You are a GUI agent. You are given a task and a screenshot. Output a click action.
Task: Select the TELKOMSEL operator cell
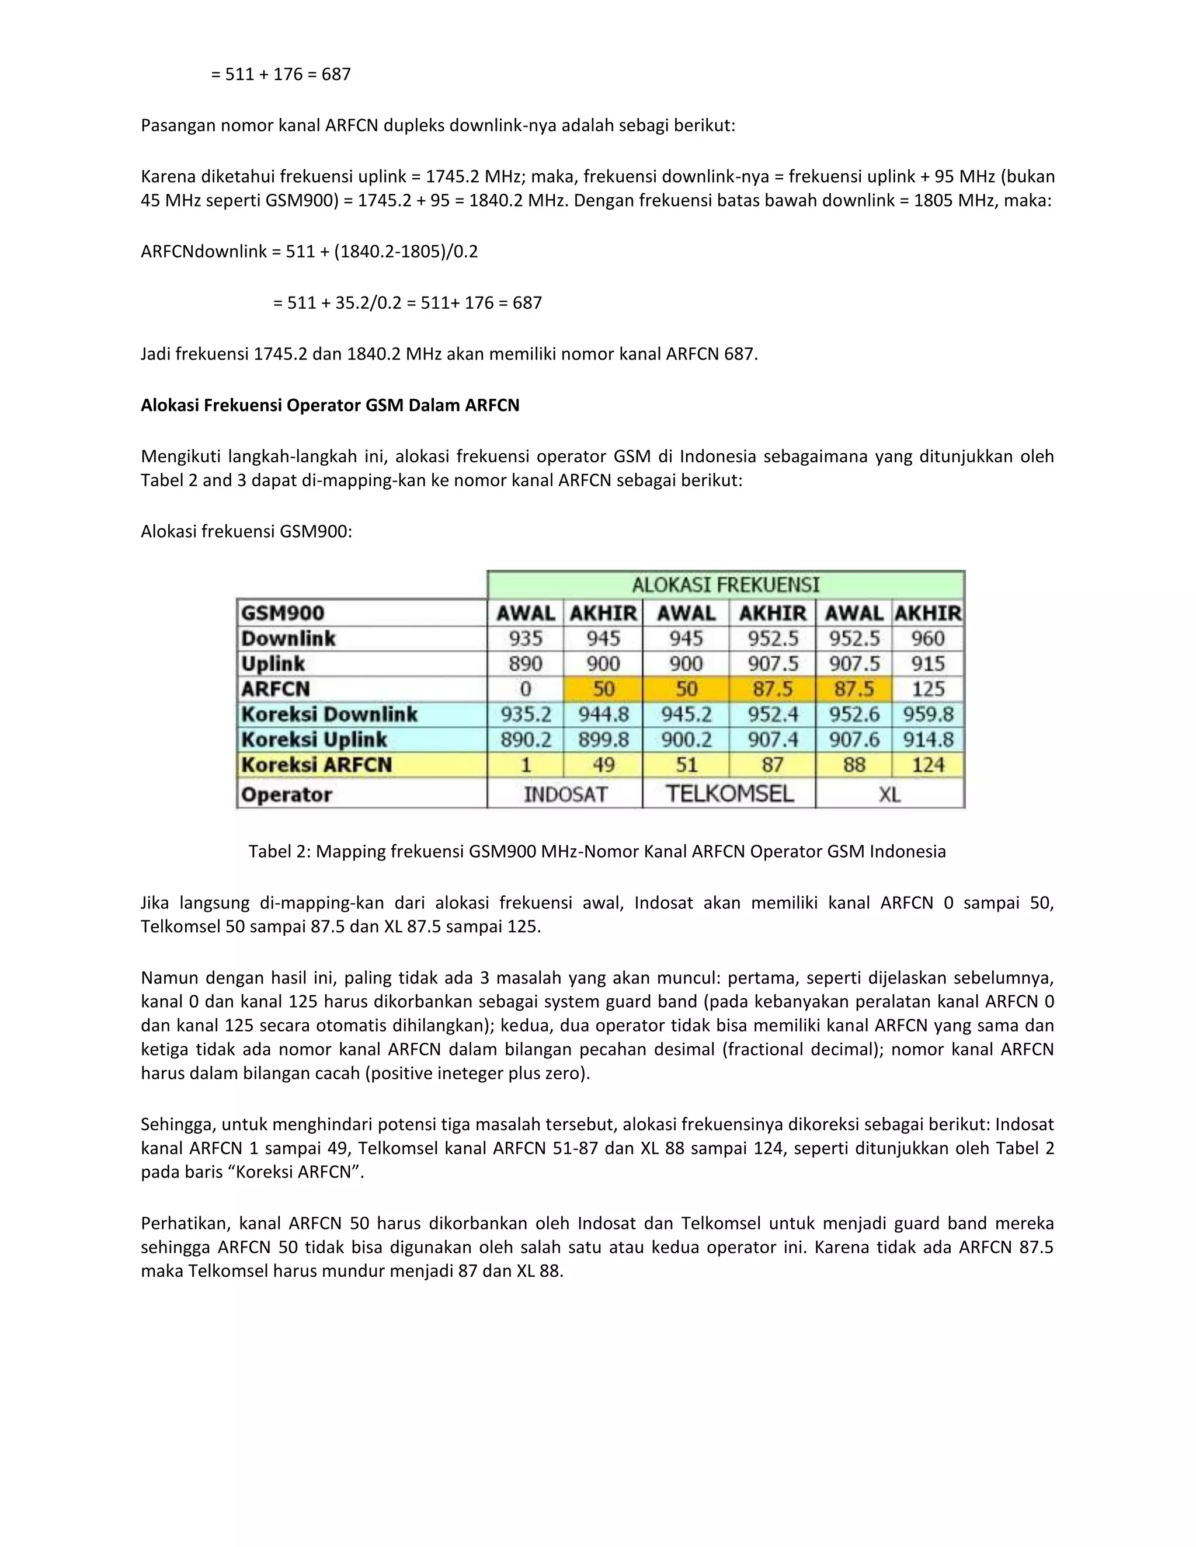coord(728,793)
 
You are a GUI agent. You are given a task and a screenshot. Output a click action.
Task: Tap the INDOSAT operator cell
coord(565,794)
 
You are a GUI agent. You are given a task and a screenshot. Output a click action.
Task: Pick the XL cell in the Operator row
coord(890,794)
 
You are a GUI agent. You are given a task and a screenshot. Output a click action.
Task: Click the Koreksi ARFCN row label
coord(316,765)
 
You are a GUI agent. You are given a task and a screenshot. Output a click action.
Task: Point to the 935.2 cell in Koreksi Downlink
coord(525,714)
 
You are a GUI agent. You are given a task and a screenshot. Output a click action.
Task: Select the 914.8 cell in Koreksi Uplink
coord(927,740)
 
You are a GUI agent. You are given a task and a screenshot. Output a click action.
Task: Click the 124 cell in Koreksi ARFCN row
coord(927,765)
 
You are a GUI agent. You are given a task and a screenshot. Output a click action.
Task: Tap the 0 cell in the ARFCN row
coord(525,688)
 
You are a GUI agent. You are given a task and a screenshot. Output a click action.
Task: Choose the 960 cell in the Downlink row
coord(927,638)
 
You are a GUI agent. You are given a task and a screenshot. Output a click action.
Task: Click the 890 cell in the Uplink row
coord(525,664)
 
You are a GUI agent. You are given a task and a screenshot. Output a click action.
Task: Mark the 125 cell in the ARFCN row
coord(927,688)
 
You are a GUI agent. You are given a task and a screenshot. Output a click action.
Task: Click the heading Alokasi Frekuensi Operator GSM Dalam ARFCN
coord(329,405)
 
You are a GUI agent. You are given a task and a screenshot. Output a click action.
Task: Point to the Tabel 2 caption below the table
coord(597,851)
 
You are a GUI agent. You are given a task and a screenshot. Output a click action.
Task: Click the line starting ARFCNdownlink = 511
coord(309,252)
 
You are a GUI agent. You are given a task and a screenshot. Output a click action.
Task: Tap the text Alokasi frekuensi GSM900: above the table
coord(246,531)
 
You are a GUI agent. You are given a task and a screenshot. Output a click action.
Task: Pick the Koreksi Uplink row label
coord(314,740)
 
